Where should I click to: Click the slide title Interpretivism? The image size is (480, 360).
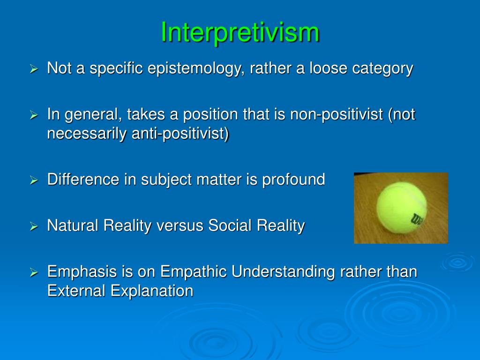coord(240,33)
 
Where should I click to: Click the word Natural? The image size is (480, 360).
coord(73,225)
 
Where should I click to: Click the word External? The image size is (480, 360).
coord(76,291)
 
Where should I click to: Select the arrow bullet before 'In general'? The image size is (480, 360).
coord(33,115)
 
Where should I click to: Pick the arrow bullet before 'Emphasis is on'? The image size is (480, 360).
coord(33,272)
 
